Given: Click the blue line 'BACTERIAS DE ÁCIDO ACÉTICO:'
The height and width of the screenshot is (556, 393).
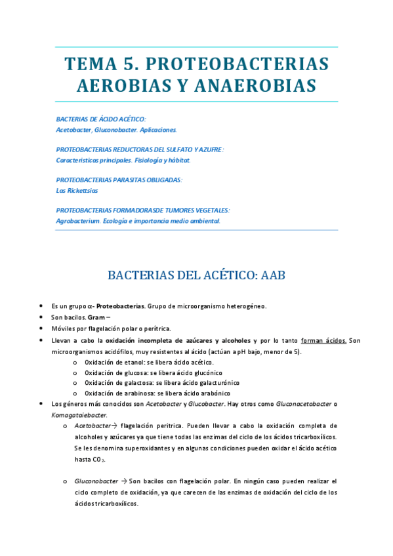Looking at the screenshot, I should pyautogui.click(x=101, y=119).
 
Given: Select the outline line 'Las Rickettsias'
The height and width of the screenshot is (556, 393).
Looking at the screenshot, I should pyautogui.click(x=77, y=190).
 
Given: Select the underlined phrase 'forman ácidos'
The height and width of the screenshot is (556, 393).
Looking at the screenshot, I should pyautogui.click(x=323, y=340).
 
